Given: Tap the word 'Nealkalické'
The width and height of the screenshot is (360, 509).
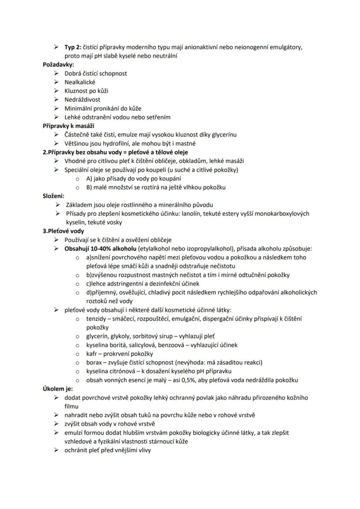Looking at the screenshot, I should (x=80, y=82).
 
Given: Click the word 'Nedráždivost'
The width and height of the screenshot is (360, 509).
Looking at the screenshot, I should (x=83, y=100).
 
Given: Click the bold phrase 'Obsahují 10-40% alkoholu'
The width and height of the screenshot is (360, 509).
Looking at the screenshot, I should (x=102, y=249).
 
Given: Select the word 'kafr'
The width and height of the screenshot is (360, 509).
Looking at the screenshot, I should (x=91, y=354).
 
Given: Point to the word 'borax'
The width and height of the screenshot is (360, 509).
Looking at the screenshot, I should (x=93, y=363).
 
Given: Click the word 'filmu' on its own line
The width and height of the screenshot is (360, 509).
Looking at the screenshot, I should (x=72, y=406).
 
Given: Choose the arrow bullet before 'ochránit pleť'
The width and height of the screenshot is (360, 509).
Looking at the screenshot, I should (x=57, y=450).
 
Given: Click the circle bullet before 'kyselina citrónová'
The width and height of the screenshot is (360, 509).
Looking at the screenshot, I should (x=77, y=371).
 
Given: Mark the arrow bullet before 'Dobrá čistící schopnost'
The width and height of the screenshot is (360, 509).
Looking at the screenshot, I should (x=57, y=73).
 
